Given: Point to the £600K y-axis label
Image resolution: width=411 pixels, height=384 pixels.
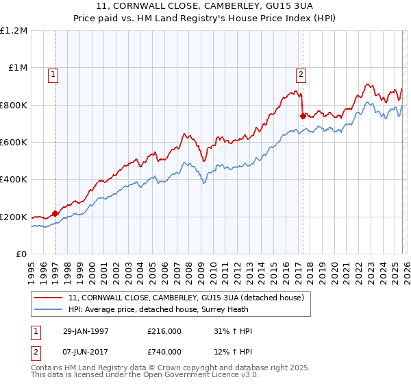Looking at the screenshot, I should (14, 143).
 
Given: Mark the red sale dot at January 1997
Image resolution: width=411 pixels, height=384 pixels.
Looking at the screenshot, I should (55, 214).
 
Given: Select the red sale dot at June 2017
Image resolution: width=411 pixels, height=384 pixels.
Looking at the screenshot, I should (302, 116).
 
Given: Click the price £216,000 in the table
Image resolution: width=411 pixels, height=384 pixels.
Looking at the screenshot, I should (164, 331).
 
